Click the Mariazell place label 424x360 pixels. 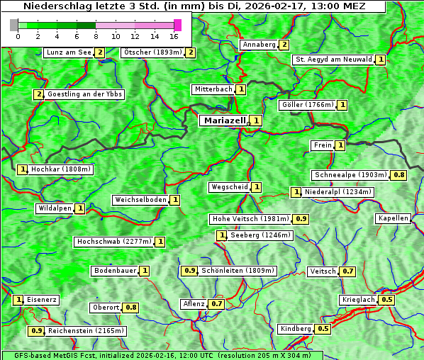click(x=225, y=120)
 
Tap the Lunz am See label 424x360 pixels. click(x=68, y=52)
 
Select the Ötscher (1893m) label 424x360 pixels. click(x=152, y=52)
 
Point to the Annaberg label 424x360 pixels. click(x=258, y=45)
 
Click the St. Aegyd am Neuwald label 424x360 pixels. click(x=333, y=60)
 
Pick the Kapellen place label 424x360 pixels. click(x=393, y=218)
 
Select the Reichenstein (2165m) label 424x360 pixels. click(x=86, y=330)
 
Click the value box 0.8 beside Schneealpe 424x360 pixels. click(x=399, y=175)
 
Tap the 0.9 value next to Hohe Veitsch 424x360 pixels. click(x=301, y=219)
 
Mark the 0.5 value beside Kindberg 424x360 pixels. click(x=323, y=329)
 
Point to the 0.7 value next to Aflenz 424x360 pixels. click(x=216, y=304)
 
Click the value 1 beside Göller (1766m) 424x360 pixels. click(x=342, y=105)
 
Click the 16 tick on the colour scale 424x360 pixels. click(x=174, y=35)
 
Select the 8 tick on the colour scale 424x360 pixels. click(x=96, y=35)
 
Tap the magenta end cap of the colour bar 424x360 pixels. click(x=177, y=25)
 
